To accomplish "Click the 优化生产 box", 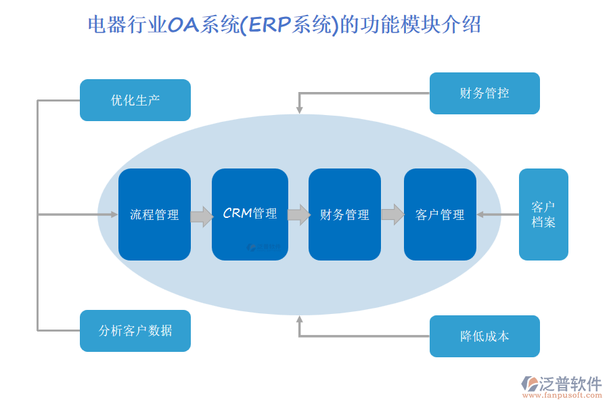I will [x=135, y=100].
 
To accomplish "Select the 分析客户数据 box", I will [x=135, y=331].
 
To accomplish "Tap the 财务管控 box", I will [x=484, y=93].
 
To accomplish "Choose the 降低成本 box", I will [x=484, y=336].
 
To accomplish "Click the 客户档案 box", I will [x=543, y=215].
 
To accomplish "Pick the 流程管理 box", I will [x=154, y=215].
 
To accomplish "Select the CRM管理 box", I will [x=250, y=215].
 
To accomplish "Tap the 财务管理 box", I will [x=344, y=215].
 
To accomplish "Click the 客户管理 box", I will [x=440, y=215].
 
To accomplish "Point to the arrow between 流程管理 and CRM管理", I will [x=202, y=217].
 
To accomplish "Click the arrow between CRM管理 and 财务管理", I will [x=298, y=215].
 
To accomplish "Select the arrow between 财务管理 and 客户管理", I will [x=392, y=215].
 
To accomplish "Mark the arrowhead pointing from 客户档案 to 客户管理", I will [x=480, y=215].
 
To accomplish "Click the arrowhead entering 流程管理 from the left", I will [x=114, y=215].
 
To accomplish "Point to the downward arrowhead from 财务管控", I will [x=299, y=110].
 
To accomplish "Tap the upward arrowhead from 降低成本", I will [x=299, y=320].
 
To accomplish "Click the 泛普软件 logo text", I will [x=570, y=384].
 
